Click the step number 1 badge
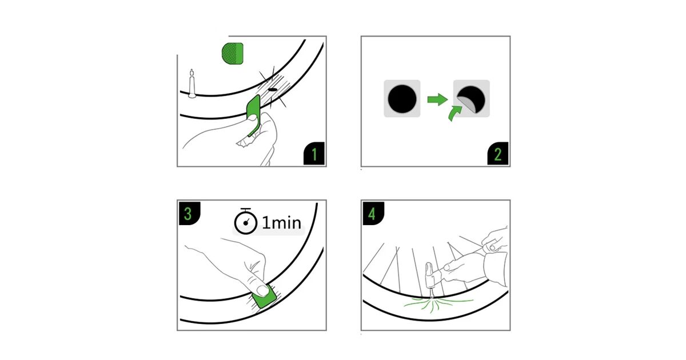(x=314, y=154)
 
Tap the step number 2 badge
(x=498, y=154)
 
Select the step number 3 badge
(x=190, y=213)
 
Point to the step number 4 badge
(x=373, y=213)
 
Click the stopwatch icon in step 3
(x=246, y=221)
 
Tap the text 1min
(x=281, y=222)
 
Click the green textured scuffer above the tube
(x=233, y=54)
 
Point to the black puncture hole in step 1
(x=272, y=90)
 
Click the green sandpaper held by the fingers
(x=254, y=115)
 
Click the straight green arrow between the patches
(x=438, y=99)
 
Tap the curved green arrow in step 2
(x=454, y=113)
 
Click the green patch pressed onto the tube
(x=264, y=297)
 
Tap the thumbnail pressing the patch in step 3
(x=262, y=290)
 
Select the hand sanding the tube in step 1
(x=230, y=135)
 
